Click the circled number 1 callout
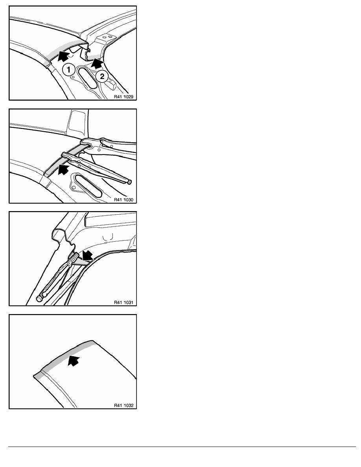point(69,70)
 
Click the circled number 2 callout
point(102,77)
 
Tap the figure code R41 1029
point(123,97)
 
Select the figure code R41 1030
point(123,200)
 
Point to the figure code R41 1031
point(123,302)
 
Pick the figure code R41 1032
point(123,405)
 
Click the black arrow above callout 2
point(97,63)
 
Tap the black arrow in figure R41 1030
point(63,169)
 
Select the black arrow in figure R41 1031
point(87,255)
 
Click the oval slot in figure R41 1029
point(87,78)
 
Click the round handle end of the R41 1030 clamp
point(129,182)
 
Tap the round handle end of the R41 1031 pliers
point(39,298)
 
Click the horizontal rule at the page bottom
point(182,447)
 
